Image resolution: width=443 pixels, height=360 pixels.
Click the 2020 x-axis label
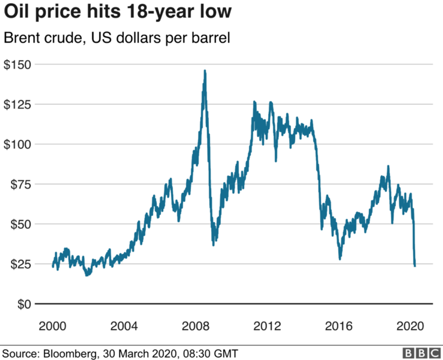click(410, 326)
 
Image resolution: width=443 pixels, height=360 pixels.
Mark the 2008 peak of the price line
click(205, 71)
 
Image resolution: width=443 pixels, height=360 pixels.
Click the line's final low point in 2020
click(415, 266)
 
